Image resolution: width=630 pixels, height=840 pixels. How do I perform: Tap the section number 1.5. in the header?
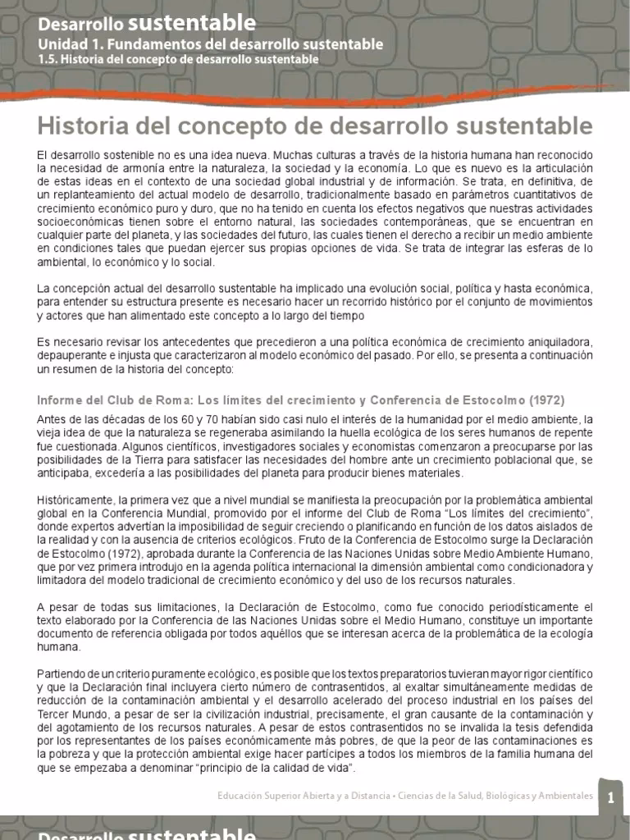[x=48, y=59]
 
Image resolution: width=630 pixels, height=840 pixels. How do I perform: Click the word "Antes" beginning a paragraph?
[x=51, y=421]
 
